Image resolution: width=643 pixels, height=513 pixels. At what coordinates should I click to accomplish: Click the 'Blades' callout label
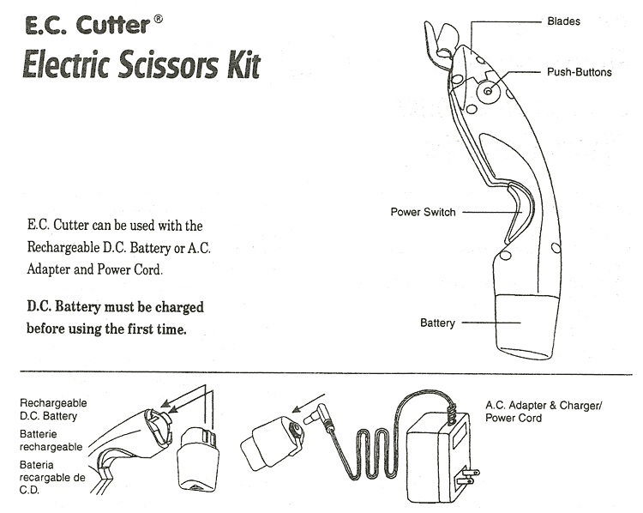point(563,21)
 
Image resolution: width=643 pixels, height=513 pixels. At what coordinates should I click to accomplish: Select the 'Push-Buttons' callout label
point(579,73)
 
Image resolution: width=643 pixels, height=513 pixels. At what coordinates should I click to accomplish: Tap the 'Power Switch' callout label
point(423,212)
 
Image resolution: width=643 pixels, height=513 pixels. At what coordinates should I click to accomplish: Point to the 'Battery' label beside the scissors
point(437,323)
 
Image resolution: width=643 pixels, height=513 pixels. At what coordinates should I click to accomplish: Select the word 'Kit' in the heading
point(237,64)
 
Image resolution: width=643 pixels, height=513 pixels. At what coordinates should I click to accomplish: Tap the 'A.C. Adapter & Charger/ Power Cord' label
point(543,412)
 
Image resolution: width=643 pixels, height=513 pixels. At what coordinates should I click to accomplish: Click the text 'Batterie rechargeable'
point(51,441)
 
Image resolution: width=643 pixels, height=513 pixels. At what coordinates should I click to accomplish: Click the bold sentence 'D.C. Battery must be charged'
point(115,307)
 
